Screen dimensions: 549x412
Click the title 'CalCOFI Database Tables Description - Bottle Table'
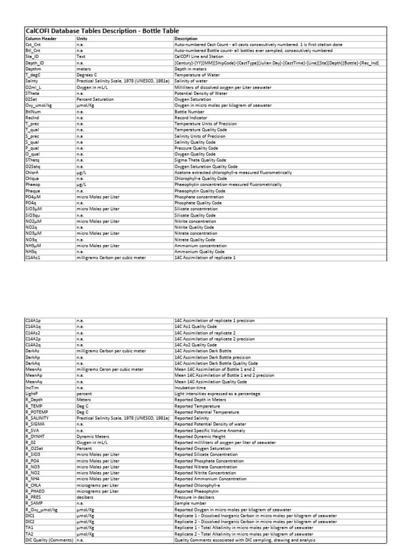(x=102, y=31)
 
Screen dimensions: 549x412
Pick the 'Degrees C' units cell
(x=87, y=75)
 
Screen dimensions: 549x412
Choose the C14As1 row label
(x=33, y=257)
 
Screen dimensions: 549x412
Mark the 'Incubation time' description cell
(x=190, y=387)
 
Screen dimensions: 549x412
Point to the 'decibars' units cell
(x=85, y=497)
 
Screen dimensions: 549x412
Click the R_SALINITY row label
(x=38, y=418)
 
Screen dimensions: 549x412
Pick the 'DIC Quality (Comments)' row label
(x=49, y=540)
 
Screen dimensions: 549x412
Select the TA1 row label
(x=30, y=528)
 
